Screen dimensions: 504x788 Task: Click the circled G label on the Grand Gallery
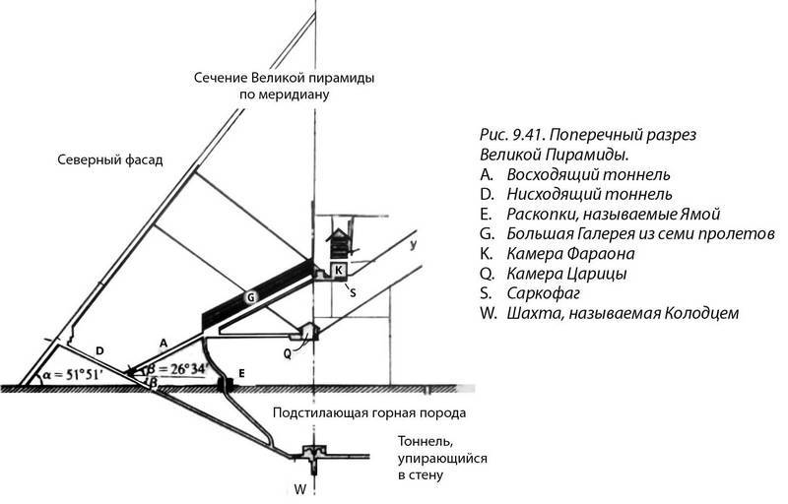click(250, 295)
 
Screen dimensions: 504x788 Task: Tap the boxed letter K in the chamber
click(338, 269)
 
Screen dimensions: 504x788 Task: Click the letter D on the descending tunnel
click(99, 348)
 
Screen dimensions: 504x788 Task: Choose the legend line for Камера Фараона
click(566, 252)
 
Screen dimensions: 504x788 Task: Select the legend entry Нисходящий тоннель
click(589, 192)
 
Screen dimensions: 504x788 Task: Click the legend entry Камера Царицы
click(562, 273)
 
